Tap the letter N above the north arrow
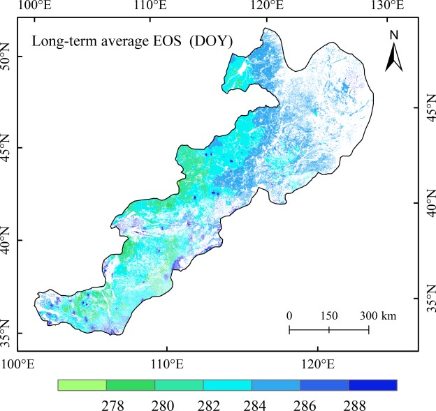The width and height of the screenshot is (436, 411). click(394, 35)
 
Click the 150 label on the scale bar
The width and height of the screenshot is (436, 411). click(328, 316)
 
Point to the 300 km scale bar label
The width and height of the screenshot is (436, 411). click(378, 316)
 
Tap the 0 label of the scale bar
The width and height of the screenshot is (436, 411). click(289, 316)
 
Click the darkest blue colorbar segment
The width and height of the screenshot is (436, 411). click(373, 385)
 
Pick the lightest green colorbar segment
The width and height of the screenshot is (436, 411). click(82, 385)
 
